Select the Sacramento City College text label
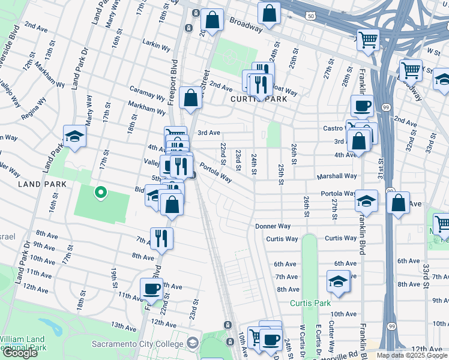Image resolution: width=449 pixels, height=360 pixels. (x=139, y=344)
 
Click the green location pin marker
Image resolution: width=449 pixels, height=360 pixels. (x=101, y=193)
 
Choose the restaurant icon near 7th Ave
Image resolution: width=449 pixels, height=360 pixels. (x=161, y=238)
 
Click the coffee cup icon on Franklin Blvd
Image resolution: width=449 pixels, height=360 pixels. (x=362, y=106)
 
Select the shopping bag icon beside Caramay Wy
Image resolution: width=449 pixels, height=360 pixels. (x=190, y=100)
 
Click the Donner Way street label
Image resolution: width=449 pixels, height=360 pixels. (x=273, y=226)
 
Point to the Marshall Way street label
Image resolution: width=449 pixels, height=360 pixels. (x=339, y=176)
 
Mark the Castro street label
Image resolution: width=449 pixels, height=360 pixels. (x=333, y=128)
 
